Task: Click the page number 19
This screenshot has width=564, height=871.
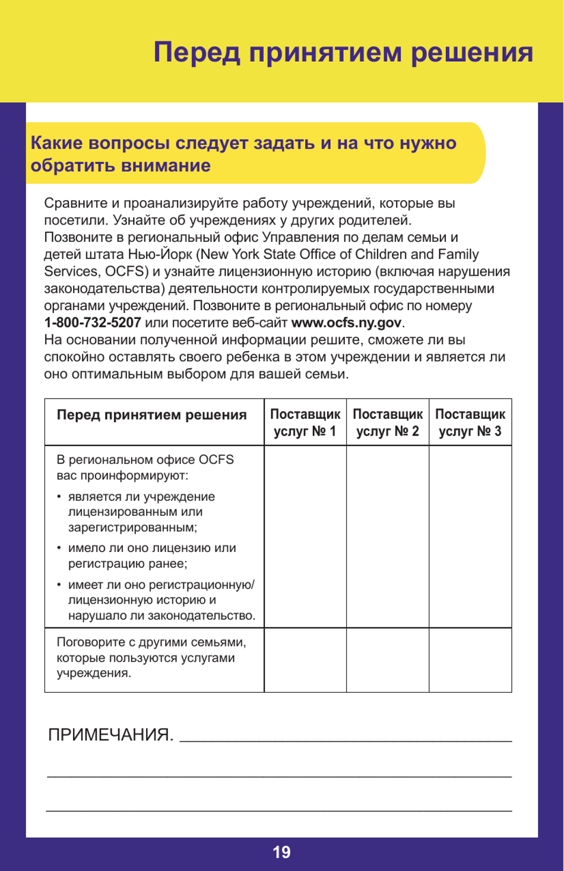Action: [x=281, y=853]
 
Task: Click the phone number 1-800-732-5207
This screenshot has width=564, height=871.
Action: [x=92, y=323]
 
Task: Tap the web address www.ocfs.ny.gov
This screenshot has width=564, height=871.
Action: [x=346, y=323]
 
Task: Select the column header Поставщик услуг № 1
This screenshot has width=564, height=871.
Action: [x=305, y=422]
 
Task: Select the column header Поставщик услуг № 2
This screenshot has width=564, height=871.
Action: [x=388, y=422]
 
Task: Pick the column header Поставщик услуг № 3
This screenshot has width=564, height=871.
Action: [x=470, y=422]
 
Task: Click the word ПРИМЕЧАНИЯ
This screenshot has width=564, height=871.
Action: [x=110, y=735]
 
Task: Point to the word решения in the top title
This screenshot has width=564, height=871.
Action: [x=472, y=52]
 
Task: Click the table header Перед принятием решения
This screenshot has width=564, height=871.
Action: [x=151, y=415]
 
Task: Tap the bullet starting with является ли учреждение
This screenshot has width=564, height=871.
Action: [x=141, y=512]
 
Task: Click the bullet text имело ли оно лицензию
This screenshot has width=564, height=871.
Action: [x=151, y=556]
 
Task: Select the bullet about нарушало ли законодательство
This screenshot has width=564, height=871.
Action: [x=160, y=600]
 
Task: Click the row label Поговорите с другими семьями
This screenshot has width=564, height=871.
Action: [x=151, y=657]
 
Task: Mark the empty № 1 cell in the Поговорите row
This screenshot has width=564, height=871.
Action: [x=305, y=660]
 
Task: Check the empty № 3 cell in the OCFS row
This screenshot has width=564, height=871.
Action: [x=470, y=537]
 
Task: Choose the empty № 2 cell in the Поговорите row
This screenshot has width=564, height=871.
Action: [x=388, y=660]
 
